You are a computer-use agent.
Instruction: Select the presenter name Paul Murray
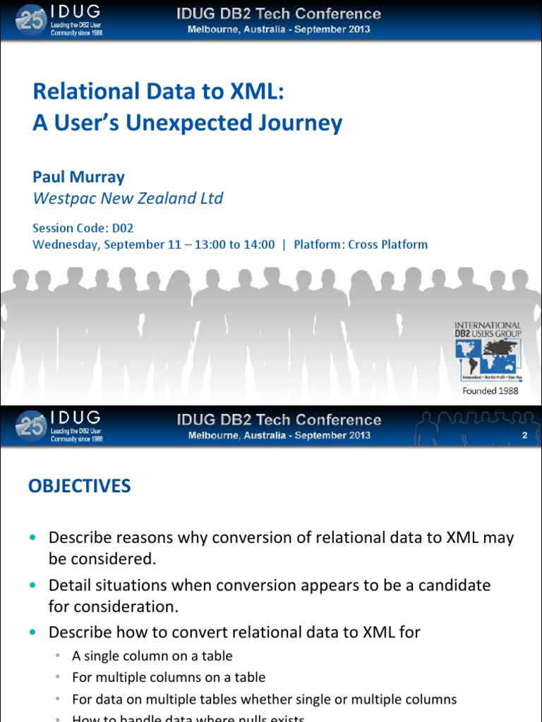(x=78, y=176)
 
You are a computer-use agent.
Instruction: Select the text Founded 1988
(x=490, y=391)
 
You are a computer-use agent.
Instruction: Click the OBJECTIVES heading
(x=79, y=487)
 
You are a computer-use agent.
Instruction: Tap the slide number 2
(x=524, y=436)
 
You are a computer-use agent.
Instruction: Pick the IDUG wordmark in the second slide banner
(x=76, y=417)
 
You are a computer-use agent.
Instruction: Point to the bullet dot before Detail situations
(x=33, y=585)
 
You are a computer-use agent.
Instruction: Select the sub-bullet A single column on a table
(x=152, y=656)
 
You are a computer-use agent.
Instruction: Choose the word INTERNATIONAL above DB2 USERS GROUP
(x=488, y=326)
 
